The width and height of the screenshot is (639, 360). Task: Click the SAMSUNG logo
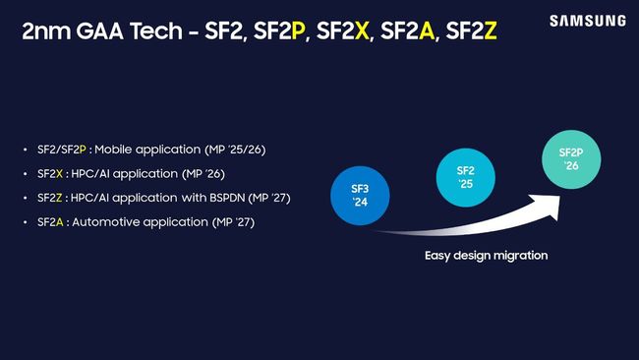(x=587, y=21)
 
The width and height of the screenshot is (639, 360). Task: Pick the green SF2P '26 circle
(x=572, y=158)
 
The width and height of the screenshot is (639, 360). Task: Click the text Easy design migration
(x=486, y=256)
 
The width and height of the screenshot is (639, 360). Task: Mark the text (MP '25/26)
(x=232, y=150)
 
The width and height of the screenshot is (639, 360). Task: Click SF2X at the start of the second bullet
(x=51, y=174)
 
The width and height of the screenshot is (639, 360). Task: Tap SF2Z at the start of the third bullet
(x=51, y=199)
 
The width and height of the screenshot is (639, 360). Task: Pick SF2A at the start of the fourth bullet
(x=51, y=223)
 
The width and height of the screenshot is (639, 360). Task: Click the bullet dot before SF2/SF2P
(x=26, y=150)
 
